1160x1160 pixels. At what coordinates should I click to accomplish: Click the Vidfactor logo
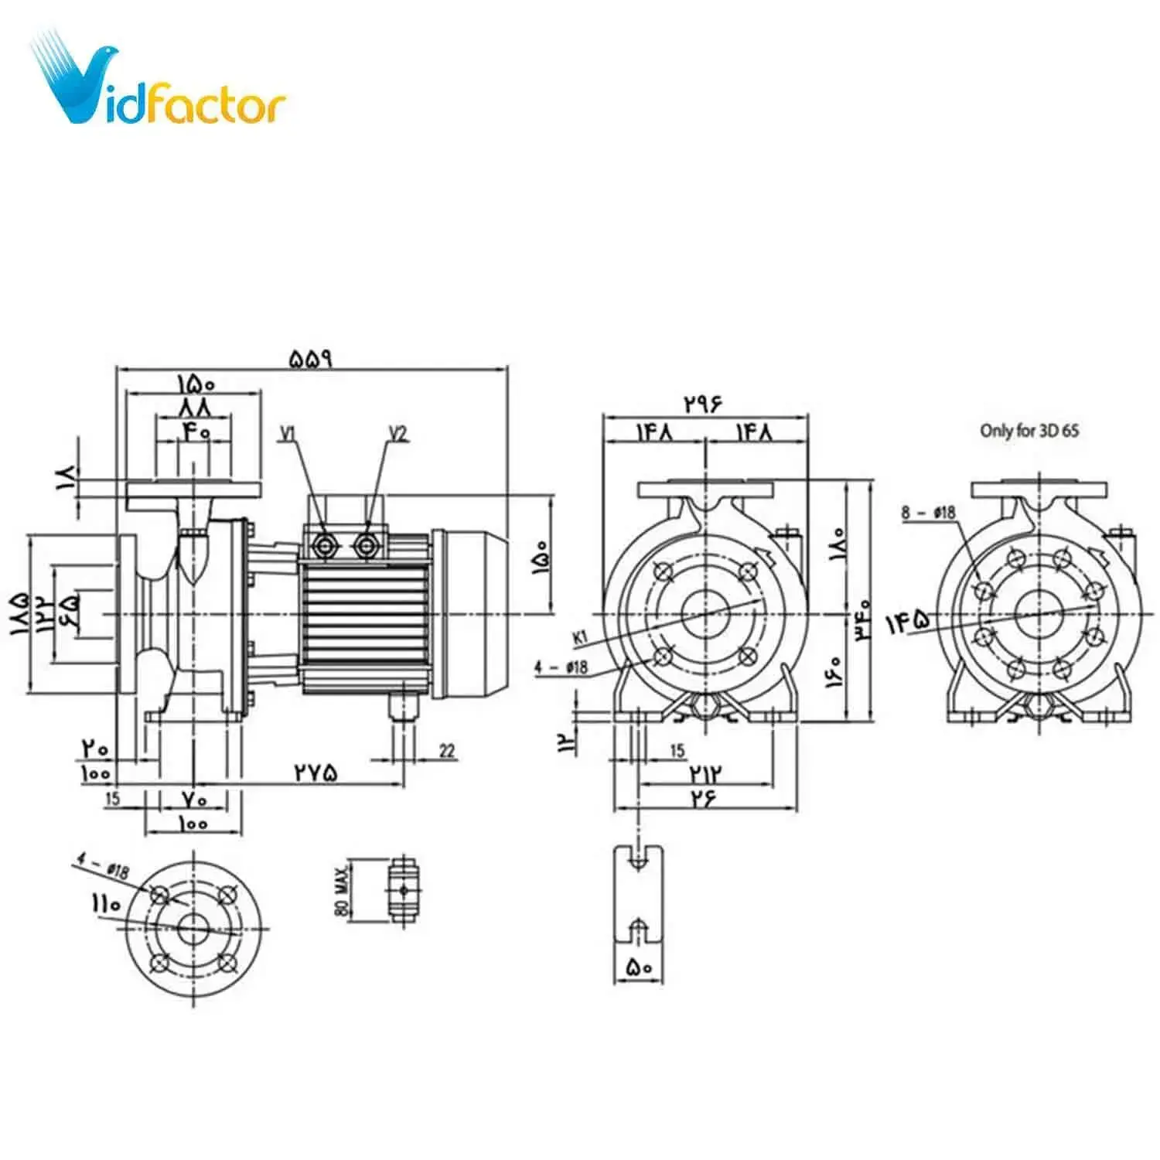click(159, 81)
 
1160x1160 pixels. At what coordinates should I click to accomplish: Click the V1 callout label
click(288, 434)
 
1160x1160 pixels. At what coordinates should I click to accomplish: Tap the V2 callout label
click(397, 434)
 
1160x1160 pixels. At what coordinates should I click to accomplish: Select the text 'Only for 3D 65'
click(1029, 431)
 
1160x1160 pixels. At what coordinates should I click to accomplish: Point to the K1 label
click(580, 637)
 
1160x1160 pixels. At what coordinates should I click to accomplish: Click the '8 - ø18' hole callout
click(928, 512)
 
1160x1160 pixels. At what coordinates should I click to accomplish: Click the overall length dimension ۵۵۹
click(311, 359)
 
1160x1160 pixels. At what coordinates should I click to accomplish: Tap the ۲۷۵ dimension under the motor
click(316, 772)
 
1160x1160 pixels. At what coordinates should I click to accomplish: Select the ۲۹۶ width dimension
click(703, 403)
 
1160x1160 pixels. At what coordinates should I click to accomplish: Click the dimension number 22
click(447, 750)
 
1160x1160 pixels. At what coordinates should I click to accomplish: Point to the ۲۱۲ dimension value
click(705, 773)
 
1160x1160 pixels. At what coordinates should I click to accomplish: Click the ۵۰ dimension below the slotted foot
click(638, 967)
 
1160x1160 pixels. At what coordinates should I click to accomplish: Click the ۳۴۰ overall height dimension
click(863, 619)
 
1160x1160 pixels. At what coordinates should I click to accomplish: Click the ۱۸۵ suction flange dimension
click(19, 613)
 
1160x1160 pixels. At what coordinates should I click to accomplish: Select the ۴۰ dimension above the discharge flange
click(196, 431)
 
